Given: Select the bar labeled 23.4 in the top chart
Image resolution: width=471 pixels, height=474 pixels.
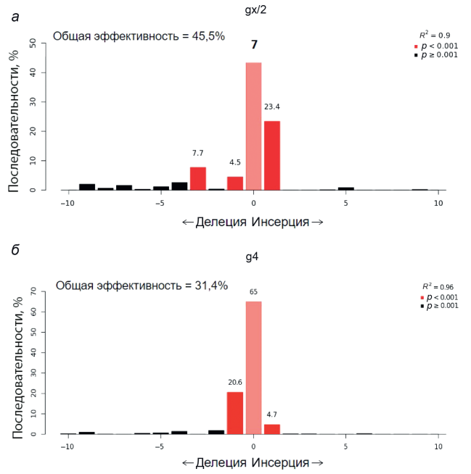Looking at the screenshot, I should click(272, 155).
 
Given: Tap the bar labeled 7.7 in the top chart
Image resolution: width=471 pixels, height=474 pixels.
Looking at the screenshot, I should click(198, 178).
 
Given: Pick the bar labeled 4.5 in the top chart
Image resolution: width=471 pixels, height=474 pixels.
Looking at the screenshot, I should click(235, 183).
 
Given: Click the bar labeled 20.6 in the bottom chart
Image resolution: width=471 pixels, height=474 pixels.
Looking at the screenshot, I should click(235, 412).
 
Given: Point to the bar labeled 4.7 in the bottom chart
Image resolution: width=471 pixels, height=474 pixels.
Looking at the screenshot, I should click(272, 428).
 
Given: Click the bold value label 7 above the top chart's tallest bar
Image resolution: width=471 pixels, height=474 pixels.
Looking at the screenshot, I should click(254, 45).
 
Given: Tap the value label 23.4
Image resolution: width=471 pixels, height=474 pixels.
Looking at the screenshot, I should click(272, 107).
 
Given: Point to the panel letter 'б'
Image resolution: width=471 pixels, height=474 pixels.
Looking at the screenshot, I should click(15, 251).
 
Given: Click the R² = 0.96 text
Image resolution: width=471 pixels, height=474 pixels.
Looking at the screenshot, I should click(437, 287).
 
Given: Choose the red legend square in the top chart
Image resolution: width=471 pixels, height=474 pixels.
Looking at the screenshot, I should click(416, 45).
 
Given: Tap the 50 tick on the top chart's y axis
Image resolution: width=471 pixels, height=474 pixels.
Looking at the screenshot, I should click(32, 43).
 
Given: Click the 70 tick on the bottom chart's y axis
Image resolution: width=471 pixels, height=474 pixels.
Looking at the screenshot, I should click(32, 291).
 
